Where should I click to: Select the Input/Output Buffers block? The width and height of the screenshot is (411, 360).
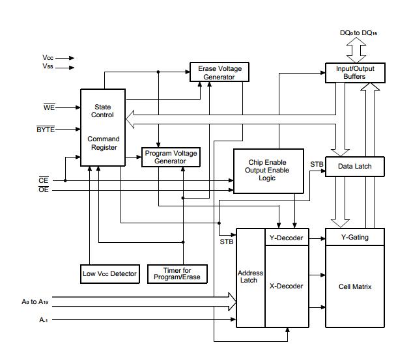[355, 72]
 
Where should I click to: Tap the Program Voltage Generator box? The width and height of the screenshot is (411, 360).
[171, 157]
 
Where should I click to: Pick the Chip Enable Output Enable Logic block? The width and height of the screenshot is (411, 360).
[267, 171]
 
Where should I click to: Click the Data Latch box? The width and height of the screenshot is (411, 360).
[354, 166]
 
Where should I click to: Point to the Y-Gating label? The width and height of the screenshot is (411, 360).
[354, 238]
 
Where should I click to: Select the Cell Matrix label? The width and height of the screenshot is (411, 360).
[354, 286]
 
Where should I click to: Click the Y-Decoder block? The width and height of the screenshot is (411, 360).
[286, 238]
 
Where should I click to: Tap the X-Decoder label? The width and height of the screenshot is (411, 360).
[286, 286]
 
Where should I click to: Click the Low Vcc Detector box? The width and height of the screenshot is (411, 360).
[109, 273]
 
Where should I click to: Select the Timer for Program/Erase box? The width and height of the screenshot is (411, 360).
[177, 273]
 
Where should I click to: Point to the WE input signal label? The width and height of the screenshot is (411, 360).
[49, 107]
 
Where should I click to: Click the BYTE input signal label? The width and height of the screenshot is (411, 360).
[46, 130]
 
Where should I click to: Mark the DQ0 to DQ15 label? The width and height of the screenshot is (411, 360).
[358, 33]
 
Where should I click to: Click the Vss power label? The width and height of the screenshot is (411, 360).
[48, 66]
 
